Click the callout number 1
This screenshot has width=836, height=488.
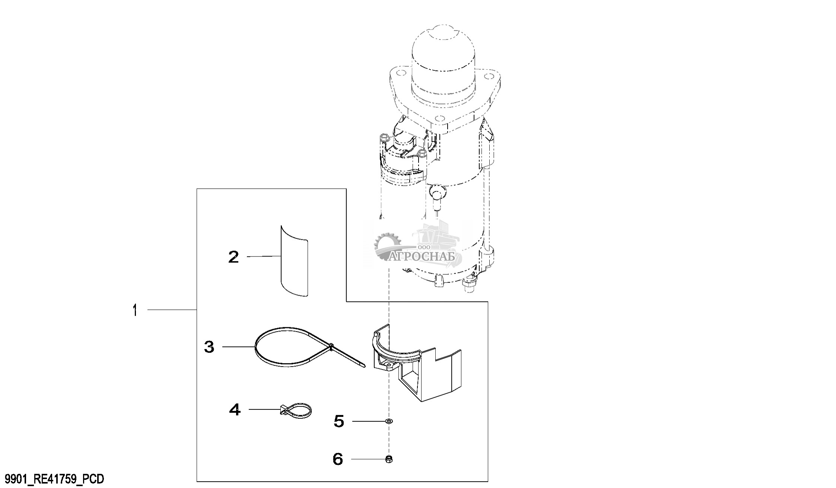(135, 310)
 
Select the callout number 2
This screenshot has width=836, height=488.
(233, 256)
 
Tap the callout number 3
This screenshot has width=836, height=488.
(209, 347)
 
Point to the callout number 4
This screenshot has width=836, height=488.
(235, 409)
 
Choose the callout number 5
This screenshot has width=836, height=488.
(339, 421)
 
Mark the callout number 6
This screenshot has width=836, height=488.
(338, 459)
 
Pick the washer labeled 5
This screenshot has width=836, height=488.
(389, 421)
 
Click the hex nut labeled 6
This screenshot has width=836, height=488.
(389, 459)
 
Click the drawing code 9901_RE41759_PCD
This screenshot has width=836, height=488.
(53, 479)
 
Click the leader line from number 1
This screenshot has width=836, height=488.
(172, 310)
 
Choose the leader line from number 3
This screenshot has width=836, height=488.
(239, 347)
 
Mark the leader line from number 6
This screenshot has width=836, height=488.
(368, 459)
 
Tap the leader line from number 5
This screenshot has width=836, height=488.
(369, 421)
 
